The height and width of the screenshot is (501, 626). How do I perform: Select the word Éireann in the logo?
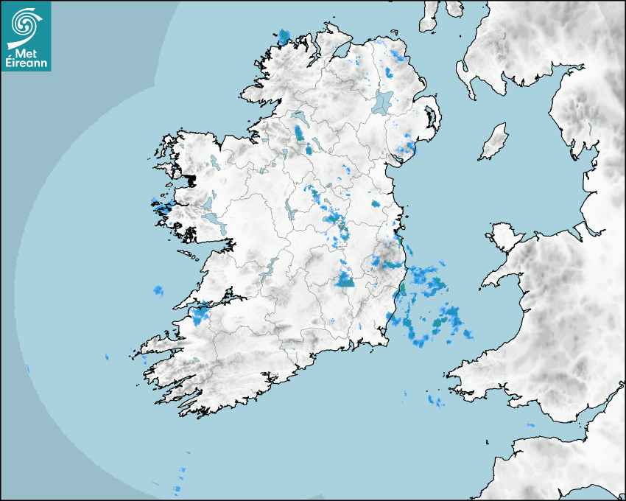click(x=26, y=63)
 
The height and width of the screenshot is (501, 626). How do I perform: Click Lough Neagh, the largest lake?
click(x=383, y=102)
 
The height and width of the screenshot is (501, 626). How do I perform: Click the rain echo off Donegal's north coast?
click(x=284, y=35)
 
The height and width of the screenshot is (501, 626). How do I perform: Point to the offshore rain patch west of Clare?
click(x=158, y=291)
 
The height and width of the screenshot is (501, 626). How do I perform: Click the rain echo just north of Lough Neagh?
click(x=388, y=72)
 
